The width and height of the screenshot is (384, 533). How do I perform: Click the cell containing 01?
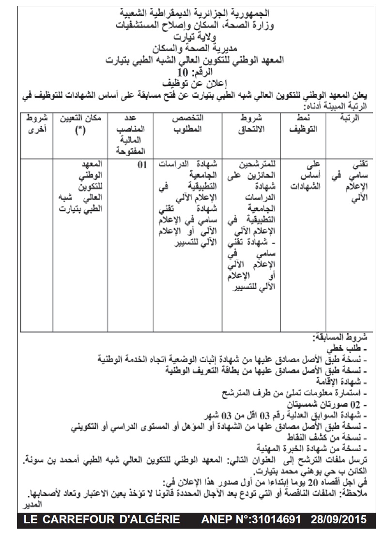(x=142, y=165)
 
